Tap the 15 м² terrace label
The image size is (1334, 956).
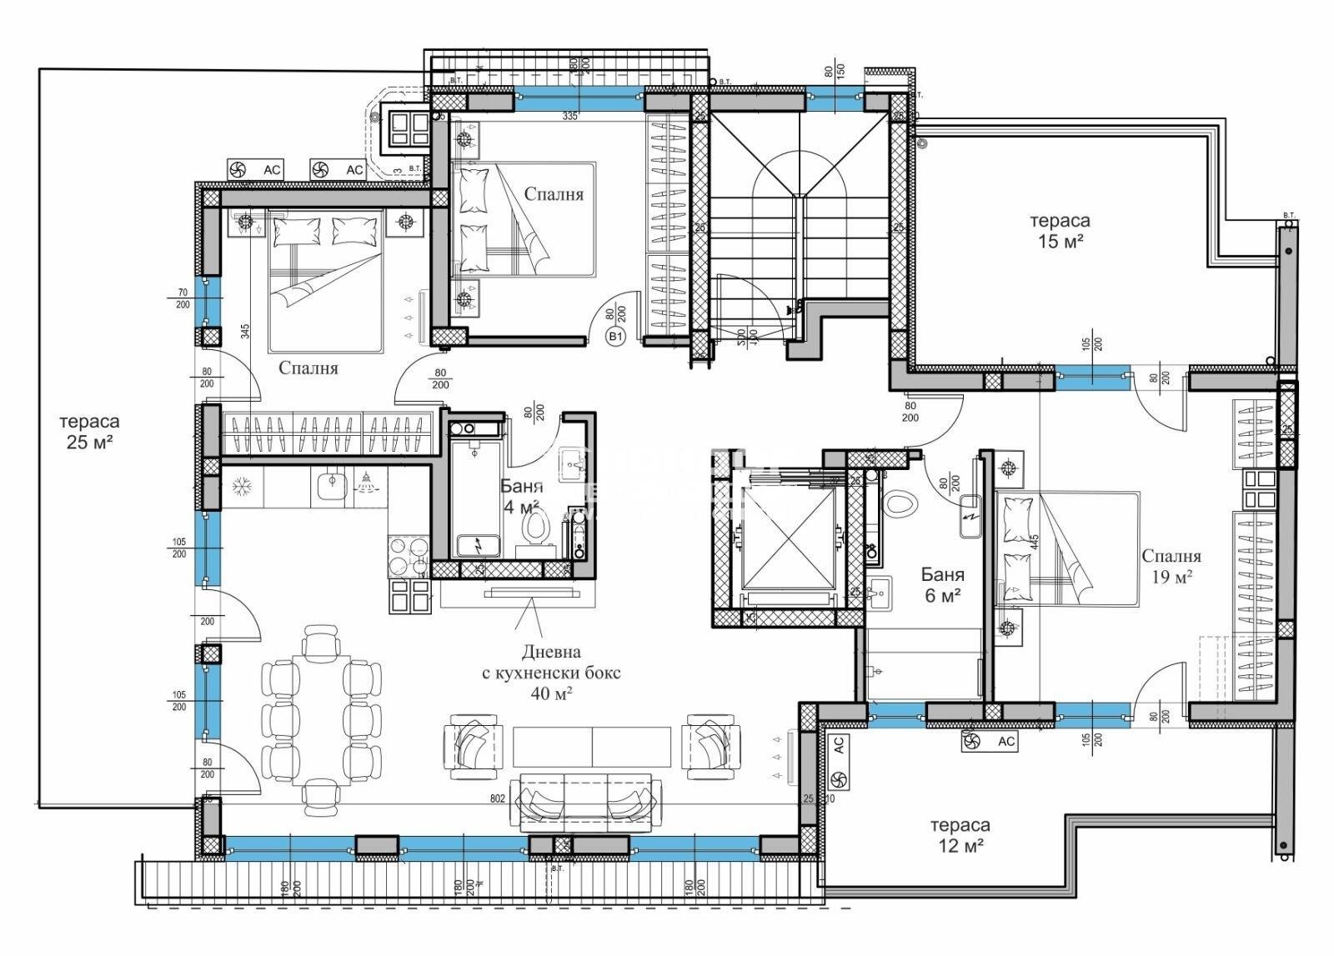[x=1060, y=231]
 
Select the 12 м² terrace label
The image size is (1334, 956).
[x=960, y=833]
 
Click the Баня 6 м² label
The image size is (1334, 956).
[x=943, y=584]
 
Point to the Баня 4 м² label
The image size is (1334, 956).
[x=521, y=496]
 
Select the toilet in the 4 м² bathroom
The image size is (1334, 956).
[x=534, y=527]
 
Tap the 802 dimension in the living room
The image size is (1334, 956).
[x=498, y=798]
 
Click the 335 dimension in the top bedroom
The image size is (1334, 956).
[x=569, y=116]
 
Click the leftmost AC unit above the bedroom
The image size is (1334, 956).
[x=254, y=170]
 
